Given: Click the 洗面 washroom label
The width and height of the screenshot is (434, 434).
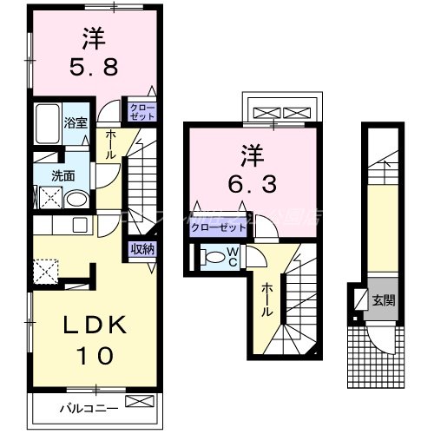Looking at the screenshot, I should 62,174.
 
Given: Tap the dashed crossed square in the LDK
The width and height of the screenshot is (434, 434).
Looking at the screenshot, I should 44,271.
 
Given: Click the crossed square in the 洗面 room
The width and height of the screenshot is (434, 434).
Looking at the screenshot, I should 48,197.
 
